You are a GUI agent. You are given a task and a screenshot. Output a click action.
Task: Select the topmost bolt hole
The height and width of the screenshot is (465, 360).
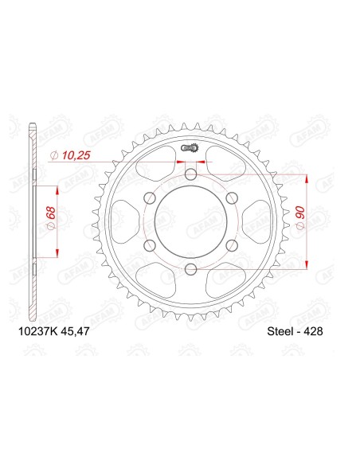(190, 175)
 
